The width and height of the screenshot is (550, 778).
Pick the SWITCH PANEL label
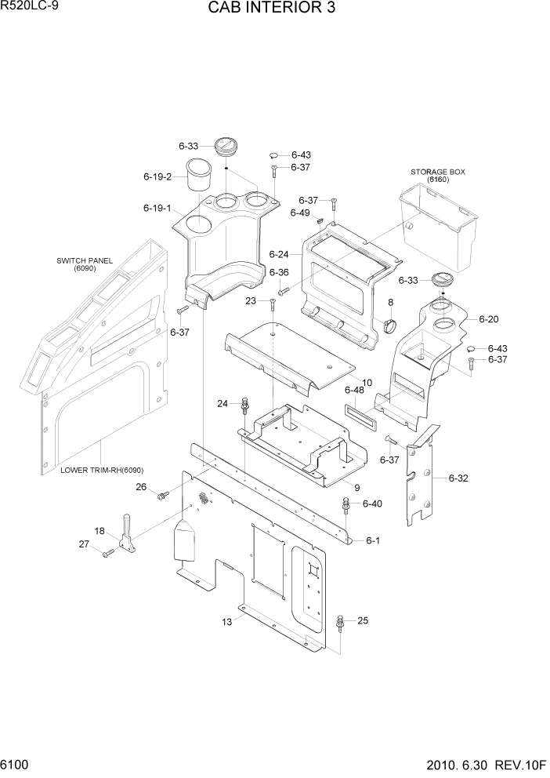tap(85, 261)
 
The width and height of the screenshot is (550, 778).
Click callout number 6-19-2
tap(157, 176)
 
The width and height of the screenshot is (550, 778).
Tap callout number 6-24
tap(278, 254)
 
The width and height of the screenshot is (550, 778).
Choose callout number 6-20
tap(488, 319)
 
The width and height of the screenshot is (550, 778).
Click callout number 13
tap(227, 623)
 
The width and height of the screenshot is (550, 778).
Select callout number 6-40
tap(372, 504)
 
